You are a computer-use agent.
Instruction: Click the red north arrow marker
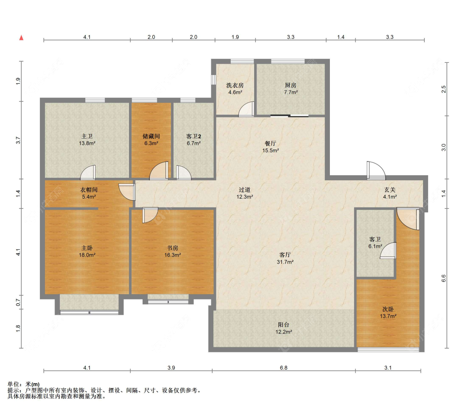click(x=21, y=37)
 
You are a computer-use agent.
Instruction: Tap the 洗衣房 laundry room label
click(x=235, y=85)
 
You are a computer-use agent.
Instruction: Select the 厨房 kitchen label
click(x=290, y=85)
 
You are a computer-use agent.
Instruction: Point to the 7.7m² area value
click(x=291, y=92)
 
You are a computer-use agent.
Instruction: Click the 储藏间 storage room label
click(x=151, y=136)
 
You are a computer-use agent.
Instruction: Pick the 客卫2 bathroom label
click(x=194, y=136)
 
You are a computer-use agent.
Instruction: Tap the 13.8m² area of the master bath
click(x=87, y=143)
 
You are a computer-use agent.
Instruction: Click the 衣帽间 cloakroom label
click(x=89, y=189)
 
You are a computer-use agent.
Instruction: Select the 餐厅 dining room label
click(x=270, y=143)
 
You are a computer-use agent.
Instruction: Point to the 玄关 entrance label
click(x=390, y=189)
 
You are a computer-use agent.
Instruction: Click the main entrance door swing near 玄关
click(x=376, y=171)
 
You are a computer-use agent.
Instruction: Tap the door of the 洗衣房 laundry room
click(x=246, y=109)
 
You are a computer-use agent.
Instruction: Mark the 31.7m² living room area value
click(x=285, y=262)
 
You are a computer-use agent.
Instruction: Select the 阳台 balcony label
click(x=283, y=325)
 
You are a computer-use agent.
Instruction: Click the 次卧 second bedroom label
click(x=388, y=309)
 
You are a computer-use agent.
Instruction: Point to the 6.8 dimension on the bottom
click(x=284, y=368)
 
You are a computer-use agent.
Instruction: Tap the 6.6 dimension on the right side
click(x=443, y=278)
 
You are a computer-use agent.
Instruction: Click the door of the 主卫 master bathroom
click(x=88, y=173)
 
